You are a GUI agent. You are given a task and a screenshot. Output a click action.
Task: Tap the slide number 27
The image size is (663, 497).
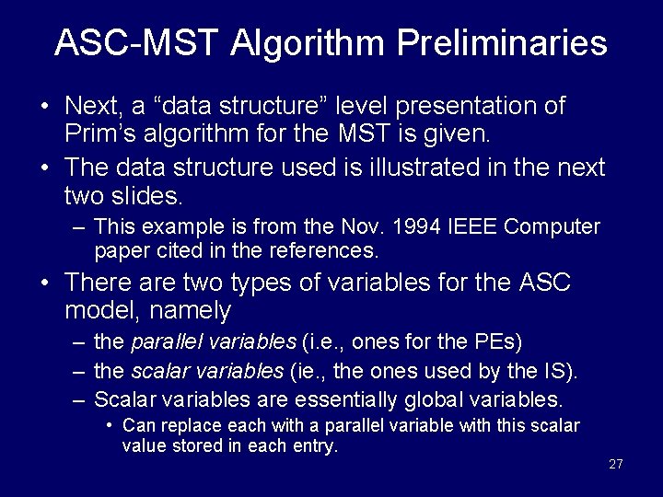pos(616,464)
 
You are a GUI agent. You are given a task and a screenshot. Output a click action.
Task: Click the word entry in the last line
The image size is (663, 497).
pos(316,447)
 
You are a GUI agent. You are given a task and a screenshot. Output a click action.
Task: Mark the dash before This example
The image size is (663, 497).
pos(80,227)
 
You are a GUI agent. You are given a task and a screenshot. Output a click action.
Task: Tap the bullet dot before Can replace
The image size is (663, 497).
pos(110,425)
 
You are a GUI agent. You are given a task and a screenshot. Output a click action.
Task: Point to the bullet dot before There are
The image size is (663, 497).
pos(45,283)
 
